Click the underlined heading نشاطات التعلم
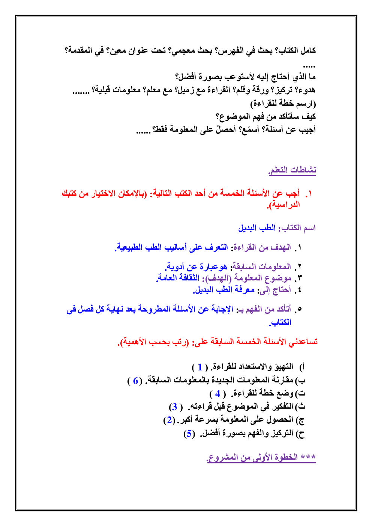(x=292, y=170)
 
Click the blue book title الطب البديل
(x=257, y=228)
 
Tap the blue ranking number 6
(x=136, y=381)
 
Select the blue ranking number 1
(x=200, y=367)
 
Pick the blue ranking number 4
(x=217, y=394)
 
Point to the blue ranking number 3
(x=175, y=407)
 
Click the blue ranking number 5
(x=189, y=434)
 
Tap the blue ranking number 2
(x=169, y=420)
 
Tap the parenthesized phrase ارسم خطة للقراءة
(x=283, y=103)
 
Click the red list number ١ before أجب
(x=309, y=193)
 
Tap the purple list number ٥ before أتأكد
(x=299, y=309)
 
